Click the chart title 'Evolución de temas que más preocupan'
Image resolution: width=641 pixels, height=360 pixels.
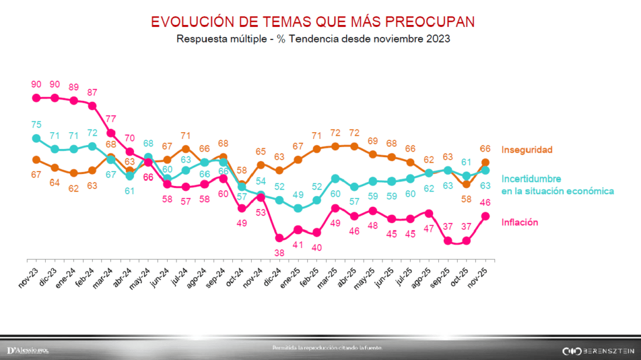(x=313, y=21)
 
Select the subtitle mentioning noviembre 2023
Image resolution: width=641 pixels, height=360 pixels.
(x=313, y=38)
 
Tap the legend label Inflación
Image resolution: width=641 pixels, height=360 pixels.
(x=520, y=222)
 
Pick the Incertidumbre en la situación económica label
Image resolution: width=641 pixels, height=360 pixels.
(x=557, y=185)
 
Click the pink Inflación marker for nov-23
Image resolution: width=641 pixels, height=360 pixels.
(x=36, y=98)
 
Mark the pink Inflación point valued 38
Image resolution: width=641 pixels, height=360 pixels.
(x=279, y=238)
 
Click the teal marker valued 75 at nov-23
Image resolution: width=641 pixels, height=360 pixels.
(x=36, y=138)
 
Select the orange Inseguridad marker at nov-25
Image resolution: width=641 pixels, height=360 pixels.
(x=485, y=162)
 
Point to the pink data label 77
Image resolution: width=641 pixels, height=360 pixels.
(x=110, y=118)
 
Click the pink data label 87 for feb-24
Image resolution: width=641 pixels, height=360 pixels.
(x=92, y=92)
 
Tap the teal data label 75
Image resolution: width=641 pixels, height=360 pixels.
(x=36, y=124)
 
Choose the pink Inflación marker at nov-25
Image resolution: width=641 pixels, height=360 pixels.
(x=485, y=216)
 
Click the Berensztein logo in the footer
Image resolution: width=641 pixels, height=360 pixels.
(x=598, y=350)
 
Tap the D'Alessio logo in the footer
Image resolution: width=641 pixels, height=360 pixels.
(x=28, y=349)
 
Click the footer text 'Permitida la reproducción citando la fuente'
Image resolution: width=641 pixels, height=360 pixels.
(x=326, y=347)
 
